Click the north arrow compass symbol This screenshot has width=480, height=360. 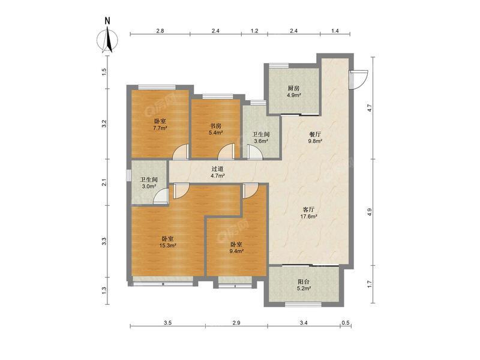click(x=108, y=40)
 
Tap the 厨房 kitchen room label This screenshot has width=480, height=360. click(x=293, y=88)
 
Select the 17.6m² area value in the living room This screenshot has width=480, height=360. click(x=308, y=217)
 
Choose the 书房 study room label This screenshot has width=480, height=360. click(x=215, y=126)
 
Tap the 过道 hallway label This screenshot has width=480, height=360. click(x=218, y=169)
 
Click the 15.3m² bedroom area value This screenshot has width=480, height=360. click(x=167, y=245)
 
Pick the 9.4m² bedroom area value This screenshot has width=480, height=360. click(x=236, y=251)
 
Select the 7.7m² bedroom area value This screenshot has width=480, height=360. click(x=160, y=128)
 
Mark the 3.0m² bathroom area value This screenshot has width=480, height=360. click(x=149, y=187)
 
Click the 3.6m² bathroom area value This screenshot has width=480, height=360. click(x=261, y=141)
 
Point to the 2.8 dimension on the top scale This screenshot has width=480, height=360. click(x=160, y=31)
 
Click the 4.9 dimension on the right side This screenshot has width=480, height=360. click(x=370, y=212)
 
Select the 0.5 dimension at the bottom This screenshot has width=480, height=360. click(x=346, y=323)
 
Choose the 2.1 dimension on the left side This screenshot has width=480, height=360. click(x=104, y=182)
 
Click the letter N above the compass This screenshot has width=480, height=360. click(x=107, y=21)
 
